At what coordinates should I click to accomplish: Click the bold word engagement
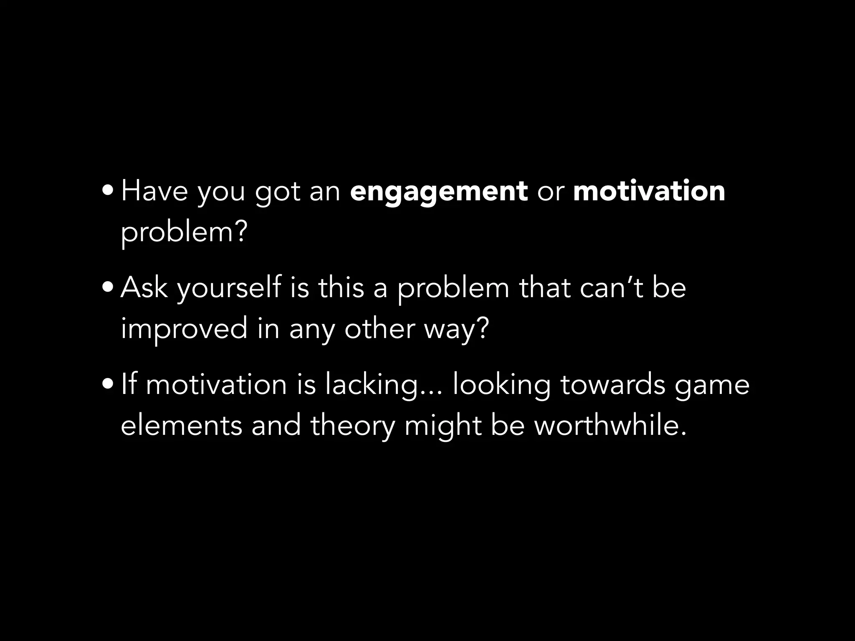439,192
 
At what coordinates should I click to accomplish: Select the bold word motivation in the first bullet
649,191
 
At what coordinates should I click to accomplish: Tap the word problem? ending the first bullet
184,232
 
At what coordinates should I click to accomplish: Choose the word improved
184,329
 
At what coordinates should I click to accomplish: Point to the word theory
352,426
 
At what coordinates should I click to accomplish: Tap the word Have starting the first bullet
154,192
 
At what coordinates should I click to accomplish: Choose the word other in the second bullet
379,329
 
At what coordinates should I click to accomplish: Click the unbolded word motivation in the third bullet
216,385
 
